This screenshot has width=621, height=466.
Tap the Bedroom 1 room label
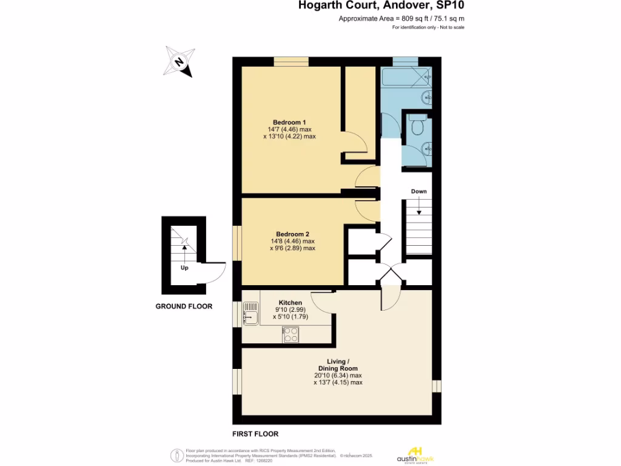coord(289,122)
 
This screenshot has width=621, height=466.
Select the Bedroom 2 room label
coord(292,234)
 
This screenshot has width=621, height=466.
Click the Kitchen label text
coord(290,303)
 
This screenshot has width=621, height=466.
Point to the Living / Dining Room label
coord(338,365)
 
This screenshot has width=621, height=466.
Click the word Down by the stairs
coord(418,191)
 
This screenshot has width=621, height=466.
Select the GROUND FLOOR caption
coord(184,306)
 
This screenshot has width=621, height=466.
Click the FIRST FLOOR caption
coord(255,434)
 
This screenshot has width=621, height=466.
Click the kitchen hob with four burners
coord(290,334)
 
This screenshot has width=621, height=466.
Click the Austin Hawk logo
coord(415,454)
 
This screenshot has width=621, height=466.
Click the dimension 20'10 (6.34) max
coord(338,376)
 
